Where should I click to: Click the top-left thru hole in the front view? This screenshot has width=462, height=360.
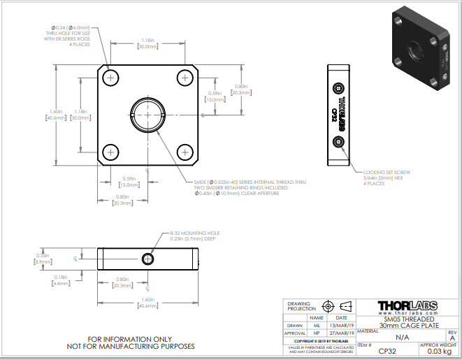(x=110, y=76)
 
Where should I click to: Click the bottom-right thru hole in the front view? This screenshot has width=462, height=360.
(x=185, y=151)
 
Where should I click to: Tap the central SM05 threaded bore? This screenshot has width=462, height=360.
(x=147, y=114)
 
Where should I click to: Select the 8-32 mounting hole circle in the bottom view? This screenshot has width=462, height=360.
(x=147, y=259)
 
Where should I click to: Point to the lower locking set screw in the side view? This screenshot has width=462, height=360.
(x=339, y=143)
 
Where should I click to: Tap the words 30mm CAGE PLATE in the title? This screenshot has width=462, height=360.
(x=405, y=325)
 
